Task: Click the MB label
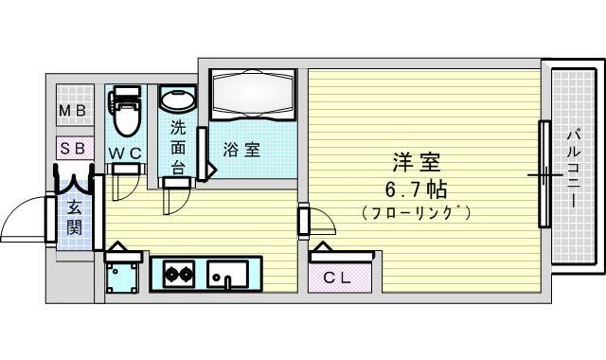pyautogui.click(x=72, y=112)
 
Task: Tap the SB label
pyautogui.click(x=74, y=149)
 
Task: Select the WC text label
pyautogui.click(x=125, y=153)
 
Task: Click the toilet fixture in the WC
pyautogui.click(x=125, y=111)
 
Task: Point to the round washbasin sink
pyautogui.click(x=177, y=100)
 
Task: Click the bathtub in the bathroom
pyautogui.click(x=253, y=94)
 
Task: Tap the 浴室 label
pyautogui.click(x=241, y=150)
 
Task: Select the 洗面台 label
pyautogui.click(x=178, y=148)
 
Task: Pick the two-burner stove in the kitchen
pyautogui.click(x=178, y=274)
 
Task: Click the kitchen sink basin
pyautogui.click(x=227, y=274)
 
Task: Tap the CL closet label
pyautogui.click(x=337, y=278)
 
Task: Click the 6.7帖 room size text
pyautogui.click(x=417, y=189)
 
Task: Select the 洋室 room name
pyautogui.click(x=417, y=162)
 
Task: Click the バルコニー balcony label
pyautogui.click(x=574, y=169)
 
